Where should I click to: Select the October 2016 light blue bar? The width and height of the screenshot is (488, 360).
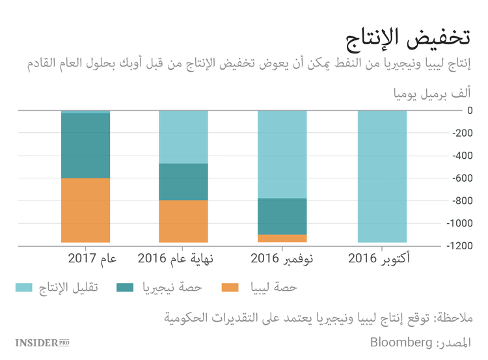click(382, 176)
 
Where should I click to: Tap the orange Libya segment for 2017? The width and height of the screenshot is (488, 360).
click(85, 210)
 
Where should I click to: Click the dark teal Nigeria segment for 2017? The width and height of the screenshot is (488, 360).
click(85, 145)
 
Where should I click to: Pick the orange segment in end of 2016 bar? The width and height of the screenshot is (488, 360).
click(183, 221)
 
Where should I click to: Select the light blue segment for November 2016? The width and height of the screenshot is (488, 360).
click(282, 154)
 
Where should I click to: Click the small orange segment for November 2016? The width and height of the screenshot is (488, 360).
click(282, 238)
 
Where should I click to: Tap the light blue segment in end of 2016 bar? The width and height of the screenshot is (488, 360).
click(183, 137)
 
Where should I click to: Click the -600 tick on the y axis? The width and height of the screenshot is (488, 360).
click(459, 178)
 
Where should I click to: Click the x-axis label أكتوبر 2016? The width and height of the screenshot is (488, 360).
click(381, 260)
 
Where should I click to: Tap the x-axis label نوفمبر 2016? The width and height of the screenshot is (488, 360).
click(282, 260)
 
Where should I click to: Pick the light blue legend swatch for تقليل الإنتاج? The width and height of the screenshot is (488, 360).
click(24, 287)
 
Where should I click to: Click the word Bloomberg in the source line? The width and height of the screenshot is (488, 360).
click(400, 342)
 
